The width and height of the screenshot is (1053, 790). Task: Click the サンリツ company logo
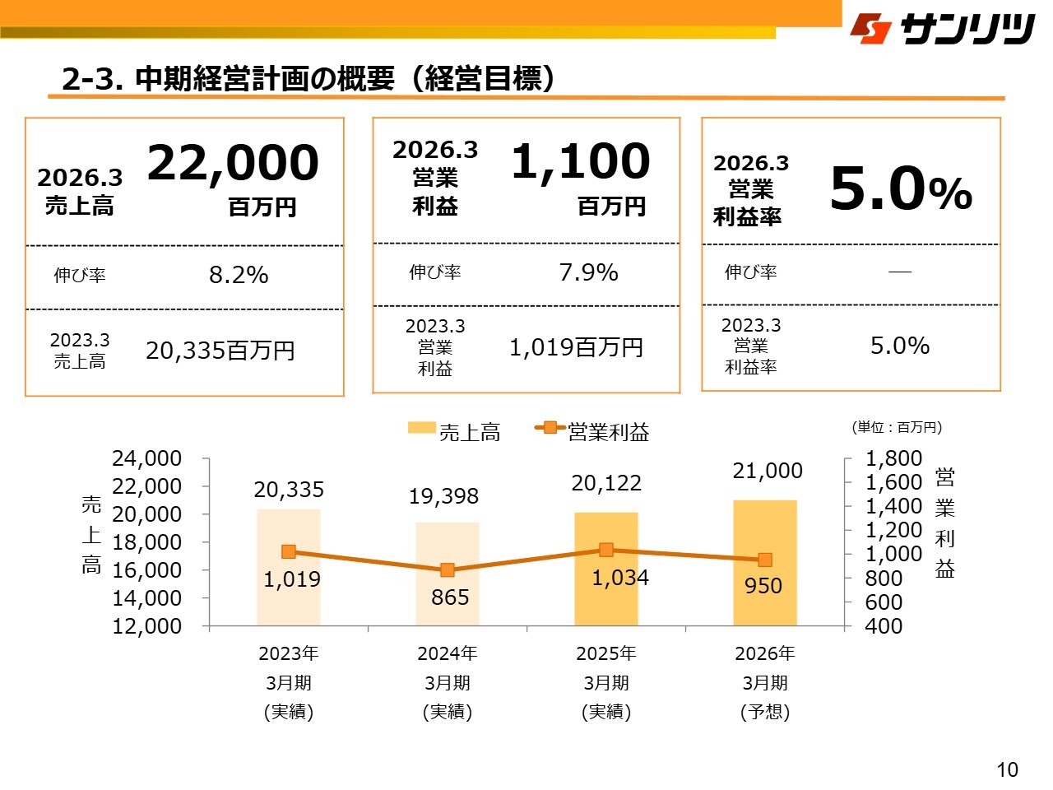tap(942, 30)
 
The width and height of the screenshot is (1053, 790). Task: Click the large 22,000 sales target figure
tap(233, 162)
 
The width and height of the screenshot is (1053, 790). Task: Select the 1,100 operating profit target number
tap(580, 160)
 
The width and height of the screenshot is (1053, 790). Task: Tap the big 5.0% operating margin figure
tap(900, 189)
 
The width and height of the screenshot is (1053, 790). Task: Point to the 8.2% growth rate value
tap(239, 275)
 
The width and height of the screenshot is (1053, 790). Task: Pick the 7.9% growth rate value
tap(588, 272)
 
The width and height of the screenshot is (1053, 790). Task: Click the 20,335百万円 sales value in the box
tap(220, 351)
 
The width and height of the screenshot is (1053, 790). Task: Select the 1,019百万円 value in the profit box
tap(576, 348)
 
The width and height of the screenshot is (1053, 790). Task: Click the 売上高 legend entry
tap(454, 431)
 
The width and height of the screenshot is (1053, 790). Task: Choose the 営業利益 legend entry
tap(592, 431)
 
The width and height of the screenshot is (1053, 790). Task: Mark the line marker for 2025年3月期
tap(606, 550)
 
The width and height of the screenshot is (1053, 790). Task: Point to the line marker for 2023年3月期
tap(289, 552)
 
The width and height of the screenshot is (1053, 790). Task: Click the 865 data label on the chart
tap(450, 597)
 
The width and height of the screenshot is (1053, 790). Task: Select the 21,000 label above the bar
tap(768, 471)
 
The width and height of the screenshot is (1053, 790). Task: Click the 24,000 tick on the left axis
tap(146, 458)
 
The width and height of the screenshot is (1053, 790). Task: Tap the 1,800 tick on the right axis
tap(893, 458)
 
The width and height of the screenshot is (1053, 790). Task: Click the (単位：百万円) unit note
tap(896, 427)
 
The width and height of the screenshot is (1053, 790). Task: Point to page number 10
tap(1007, 769)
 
